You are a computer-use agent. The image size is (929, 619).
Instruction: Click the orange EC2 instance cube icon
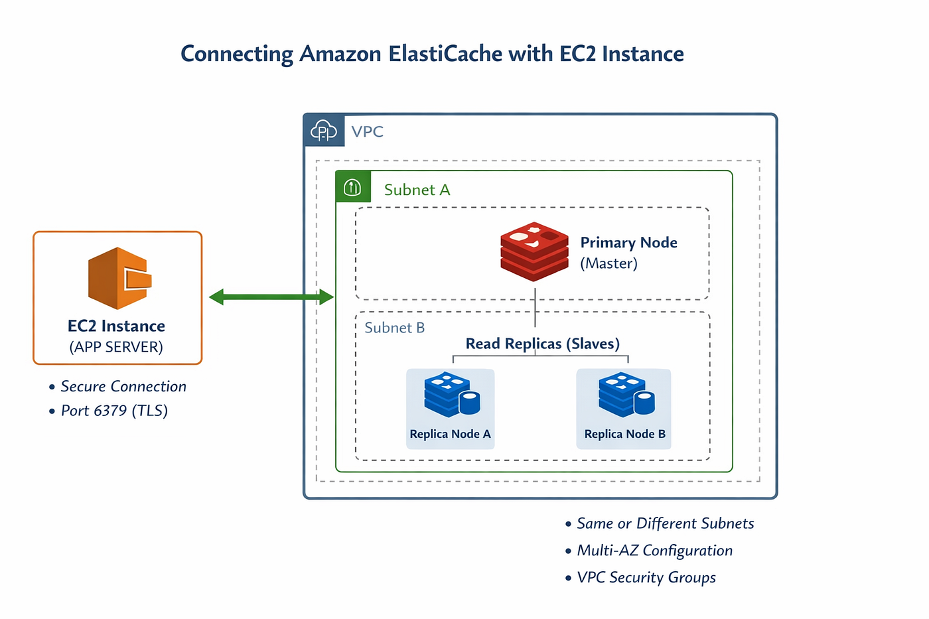[120, 278]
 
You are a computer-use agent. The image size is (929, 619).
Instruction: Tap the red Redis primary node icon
[534, 251]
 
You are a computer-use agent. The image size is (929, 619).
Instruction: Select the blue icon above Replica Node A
[452, 394]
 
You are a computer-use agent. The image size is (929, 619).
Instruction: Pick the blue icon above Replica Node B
[626, 394]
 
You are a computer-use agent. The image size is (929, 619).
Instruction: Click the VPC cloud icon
[324, 131]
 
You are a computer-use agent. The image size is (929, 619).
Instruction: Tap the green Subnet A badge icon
[352, 187]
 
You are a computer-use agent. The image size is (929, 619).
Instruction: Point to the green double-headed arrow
[271, 297]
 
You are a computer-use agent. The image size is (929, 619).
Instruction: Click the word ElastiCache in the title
[445, 54]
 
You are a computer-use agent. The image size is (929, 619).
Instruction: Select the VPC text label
[368, 132]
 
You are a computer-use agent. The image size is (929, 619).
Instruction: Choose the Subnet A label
[417, 190]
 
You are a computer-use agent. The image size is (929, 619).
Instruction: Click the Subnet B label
[395, 328]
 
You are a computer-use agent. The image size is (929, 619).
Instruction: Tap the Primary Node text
[629, 243]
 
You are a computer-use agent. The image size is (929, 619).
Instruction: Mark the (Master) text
[609, 263]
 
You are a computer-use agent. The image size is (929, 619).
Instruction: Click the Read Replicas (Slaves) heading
[543, 344]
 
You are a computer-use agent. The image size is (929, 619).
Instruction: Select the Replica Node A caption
[451, 434]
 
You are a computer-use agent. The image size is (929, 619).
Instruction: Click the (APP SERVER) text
[116, 347]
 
